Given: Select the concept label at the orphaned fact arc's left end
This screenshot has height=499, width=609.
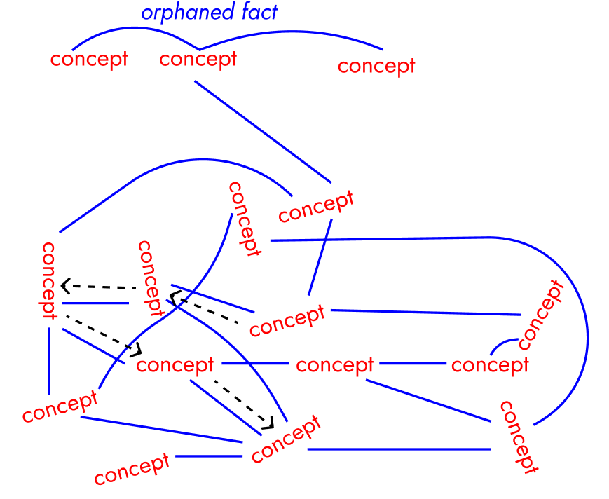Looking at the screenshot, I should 89,59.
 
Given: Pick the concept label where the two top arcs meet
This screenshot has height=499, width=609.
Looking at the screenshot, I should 198,60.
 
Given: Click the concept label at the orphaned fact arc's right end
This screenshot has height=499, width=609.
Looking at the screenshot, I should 376,67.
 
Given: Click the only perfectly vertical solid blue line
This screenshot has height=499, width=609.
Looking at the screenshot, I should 49,360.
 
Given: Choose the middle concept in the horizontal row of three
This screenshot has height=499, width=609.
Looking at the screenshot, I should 335,366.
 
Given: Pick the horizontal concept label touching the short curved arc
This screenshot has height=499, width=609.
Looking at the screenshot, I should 490,366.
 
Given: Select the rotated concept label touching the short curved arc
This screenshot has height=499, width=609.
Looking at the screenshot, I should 540,315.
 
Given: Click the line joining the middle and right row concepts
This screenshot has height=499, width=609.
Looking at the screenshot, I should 412,364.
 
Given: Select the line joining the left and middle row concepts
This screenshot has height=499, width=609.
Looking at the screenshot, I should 255,364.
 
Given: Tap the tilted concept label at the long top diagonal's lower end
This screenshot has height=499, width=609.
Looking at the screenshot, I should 315,206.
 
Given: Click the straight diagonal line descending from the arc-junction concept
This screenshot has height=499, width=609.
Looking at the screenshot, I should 262,130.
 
